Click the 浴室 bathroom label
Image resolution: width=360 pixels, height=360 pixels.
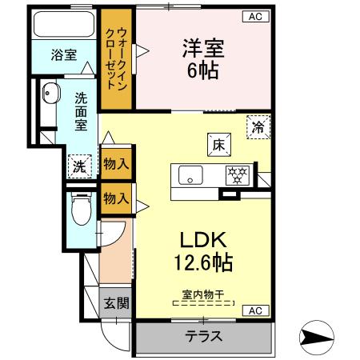coord(64,54)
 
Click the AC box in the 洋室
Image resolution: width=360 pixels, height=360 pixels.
coord(253,16)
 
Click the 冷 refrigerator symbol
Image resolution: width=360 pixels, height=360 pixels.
coord(258,126)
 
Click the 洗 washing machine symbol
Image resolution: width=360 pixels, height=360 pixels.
coord(79,166)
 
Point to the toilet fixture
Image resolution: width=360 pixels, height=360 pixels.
coord(80,212)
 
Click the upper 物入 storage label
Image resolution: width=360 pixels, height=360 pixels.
coord(117,164)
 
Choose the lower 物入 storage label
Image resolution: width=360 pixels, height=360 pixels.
coord(117,197)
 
